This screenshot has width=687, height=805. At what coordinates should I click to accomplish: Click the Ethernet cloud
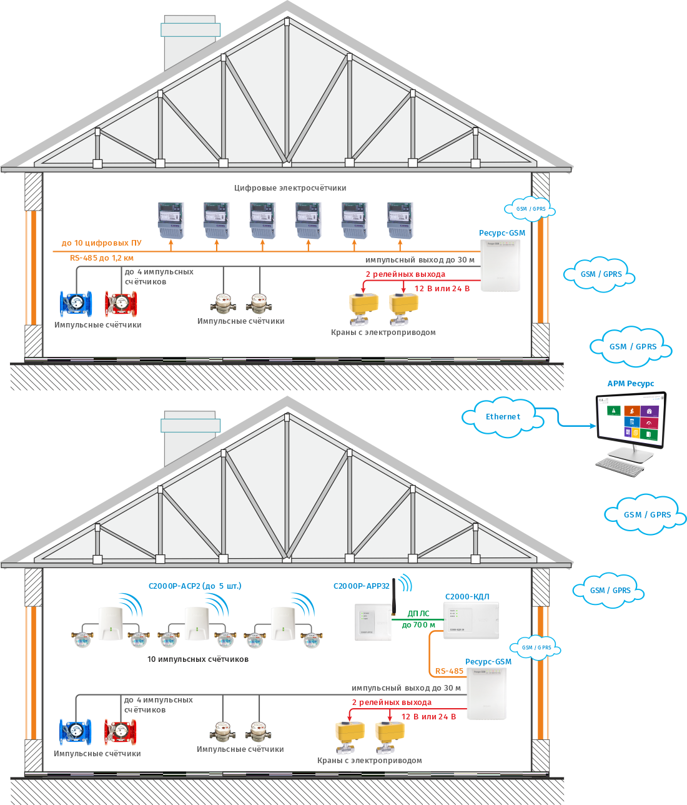[x=503, y=417]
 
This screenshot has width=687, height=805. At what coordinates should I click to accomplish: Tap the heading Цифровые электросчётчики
[x=290, y=187]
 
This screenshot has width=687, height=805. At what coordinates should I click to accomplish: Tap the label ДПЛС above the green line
[x=418, y=614]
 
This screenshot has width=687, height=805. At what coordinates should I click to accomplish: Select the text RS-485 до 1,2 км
[x=102, y=257]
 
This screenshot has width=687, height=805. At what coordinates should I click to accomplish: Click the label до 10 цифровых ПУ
[x=101, y=243]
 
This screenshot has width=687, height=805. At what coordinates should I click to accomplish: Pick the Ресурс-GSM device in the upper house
[x=500, y=265]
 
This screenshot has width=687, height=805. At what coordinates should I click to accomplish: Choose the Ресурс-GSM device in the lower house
[x=486, y=693]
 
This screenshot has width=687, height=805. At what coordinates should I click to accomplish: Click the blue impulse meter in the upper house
[x=76, y=303]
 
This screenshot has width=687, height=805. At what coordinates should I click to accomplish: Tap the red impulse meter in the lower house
[x=121, y=732]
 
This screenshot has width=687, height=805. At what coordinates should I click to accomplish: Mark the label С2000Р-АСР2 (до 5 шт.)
[x=195, y=586]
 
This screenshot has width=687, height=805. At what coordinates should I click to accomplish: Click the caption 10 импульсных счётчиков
[x=197, y=659]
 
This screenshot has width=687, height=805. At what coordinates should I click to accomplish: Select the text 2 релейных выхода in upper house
[x=405, y=274]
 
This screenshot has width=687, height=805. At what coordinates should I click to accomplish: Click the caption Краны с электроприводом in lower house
[x=369, y=761]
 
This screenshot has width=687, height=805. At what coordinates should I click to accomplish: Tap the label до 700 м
[x=418, y=625]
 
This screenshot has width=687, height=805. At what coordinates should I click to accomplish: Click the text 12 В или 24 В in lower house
[x=428, y=717]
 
